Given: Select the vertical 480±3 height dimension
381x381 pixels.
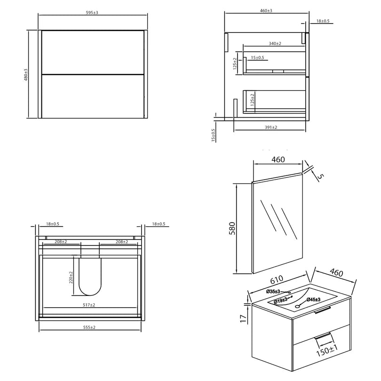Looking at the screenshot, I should tap(26, 74).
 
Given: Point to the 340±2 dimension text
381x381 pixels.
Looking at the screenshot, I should tap(275, 43).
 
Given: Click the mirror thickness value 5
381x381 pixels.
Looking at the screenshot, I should tap(320, 177).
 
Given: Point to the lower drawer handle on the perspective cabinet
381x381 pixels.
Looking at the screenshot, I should tap(322, 337).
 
